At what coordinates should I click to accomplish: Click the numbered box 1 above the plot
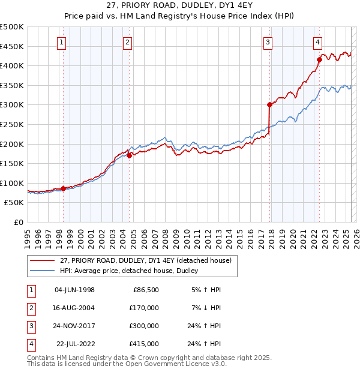(x=62, y=42)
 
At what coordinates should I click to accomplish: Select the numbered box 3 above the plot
(x=267, y=42)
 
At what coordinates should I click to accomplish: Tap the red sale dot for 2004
(x=129, y=155)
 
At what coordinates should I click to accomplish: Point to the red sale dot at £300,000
(x=269, y=104)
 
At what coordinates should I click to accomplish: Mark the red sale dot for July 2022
(x=320, y=59)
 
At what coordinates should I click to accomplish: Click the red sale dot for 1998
(x=63, y=188)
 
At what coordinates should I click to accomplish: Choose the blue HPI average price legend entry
(x=129, y=271)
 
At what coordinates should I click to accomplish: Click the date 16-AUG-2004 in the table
(x=74, y=308)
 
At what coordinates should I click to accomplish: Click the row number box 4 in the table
(x=29, y=344)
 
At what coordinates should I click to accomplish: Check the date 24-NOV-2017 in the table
(x=74, y=326)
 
